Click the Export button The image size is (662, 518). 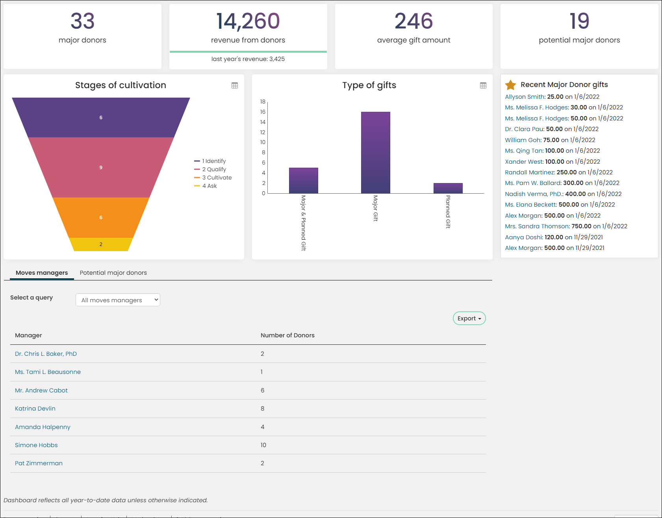[x=469, y=318]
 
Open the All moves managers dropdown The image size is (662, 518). [x=118, y=300]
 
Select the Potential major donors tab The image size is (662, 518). [x=113, y=273]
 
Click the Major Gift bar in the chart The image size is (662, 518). [x=375, y=153]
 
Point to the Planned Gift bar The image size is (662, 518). [x=448, y=188]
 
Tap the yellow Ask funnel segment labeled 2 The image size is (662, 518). [x=101, y=244]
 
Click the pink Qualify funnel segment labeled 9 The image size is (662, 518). [x=101, y=168]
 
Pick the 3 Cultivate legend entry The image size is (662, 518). [x=213, y=178]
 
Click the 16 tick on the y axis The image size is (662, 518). [x=263, y=112]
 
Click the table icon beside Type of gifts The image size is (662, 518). [x=483, y=85]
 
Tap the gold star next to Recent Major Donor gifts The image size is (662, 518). [x=510, y=85]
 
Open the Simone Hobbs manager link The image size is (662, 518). [x=36, y=445]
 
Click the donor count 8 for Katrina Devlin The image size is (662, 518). [x=262, y=409]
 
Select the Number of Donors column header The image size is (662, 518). [x=287, y=335]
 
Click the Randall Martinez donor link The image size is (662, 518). [x=530, y=172]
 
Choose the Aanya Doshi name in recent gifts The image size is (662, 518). [x=524, y=237]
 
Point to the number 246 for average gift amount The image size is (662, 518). [x=414, y=21]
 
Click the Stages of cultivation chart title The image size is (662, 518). [x=121, y=85]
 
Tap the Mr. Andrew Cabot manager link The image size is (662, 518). [x=41, y=390]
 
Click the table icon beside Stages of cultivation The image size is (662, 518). [x=235, y=85]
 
